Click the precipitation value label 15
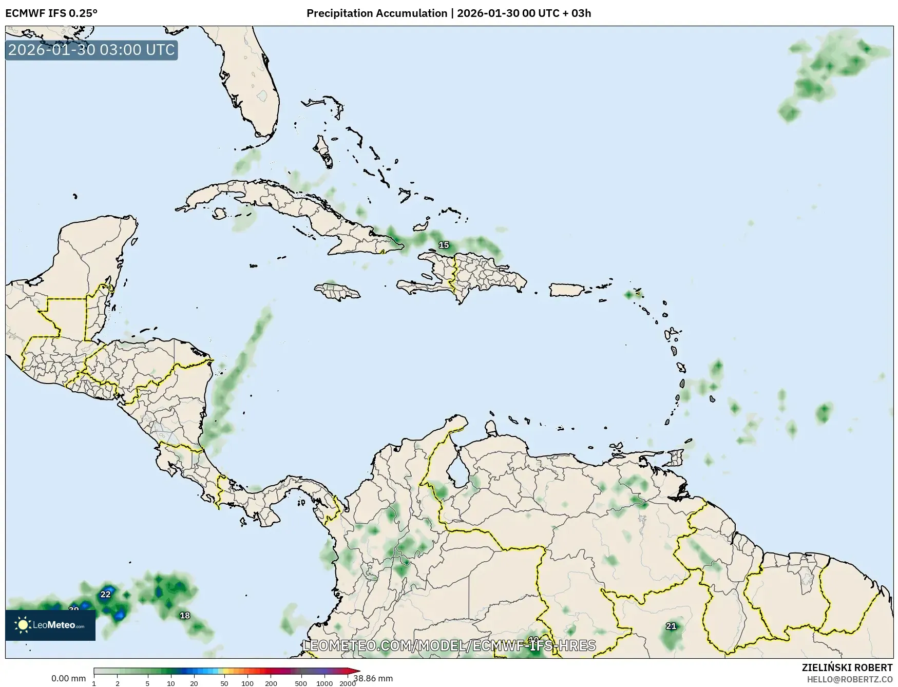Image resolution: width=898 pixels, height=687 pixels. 444,245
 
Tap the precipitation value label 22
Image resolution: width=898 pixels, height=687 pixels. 105,595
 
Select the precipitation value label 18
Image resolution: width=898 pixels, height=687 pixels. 185,616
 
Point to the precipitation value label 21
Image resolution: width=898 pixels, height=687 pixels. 671,626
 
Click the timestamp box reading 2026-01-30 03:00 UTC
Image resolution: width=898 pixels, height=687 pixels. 91,50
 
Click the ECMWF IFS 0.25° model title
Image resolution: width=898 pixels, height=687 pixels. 51,13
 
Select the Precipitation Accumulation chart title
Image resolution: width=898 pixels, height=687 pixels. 448,13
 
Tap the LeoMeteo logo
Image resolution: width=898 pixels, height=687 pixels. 50,625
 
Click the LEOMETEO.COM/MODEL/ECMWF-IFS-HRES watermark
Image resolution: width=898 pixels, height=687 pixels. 449,645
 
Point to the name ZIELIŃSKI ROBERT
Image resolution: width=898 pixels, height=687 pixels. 847,667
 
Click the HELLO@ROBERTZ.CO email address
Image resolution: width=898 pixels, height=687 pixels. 850,679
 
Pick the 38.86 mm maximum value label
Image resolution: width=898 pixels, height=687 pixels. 373,678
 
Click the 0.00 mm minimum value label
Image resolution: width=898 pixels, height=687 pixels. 68,678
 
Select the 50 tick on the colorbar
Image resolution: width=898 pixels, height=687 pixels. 224,683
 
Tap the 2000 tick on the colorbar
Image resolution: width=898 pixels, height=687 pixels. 348,683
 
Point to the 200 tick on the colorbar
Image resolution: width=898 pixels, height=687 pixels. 271,683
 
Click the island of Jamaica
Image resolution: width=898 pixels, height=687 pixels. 337,292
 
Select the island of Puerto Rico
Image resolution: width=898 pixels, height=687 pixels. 567,290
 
